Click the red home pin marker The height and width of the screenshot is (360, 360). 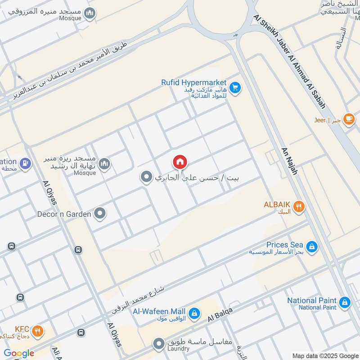point(180,162)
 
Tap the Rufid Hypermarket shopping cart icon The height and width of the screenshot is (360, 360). point(234,87)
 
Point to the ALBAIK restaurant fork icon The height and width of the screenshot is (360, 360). point(299,207)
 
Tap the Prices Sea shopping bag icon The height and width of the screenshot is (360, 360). point(311,247)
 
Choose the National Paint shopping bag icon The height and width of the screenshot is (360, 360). point(345,302)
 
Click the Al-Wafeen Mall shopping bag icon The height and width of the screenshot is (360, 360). point(194,313)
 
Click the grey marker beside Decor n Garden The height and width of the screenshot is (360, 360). point(100,214)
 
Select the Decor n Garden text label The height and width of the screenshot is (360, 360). point(64,214)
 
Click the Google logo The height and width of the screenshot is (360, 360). point(19,353)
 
